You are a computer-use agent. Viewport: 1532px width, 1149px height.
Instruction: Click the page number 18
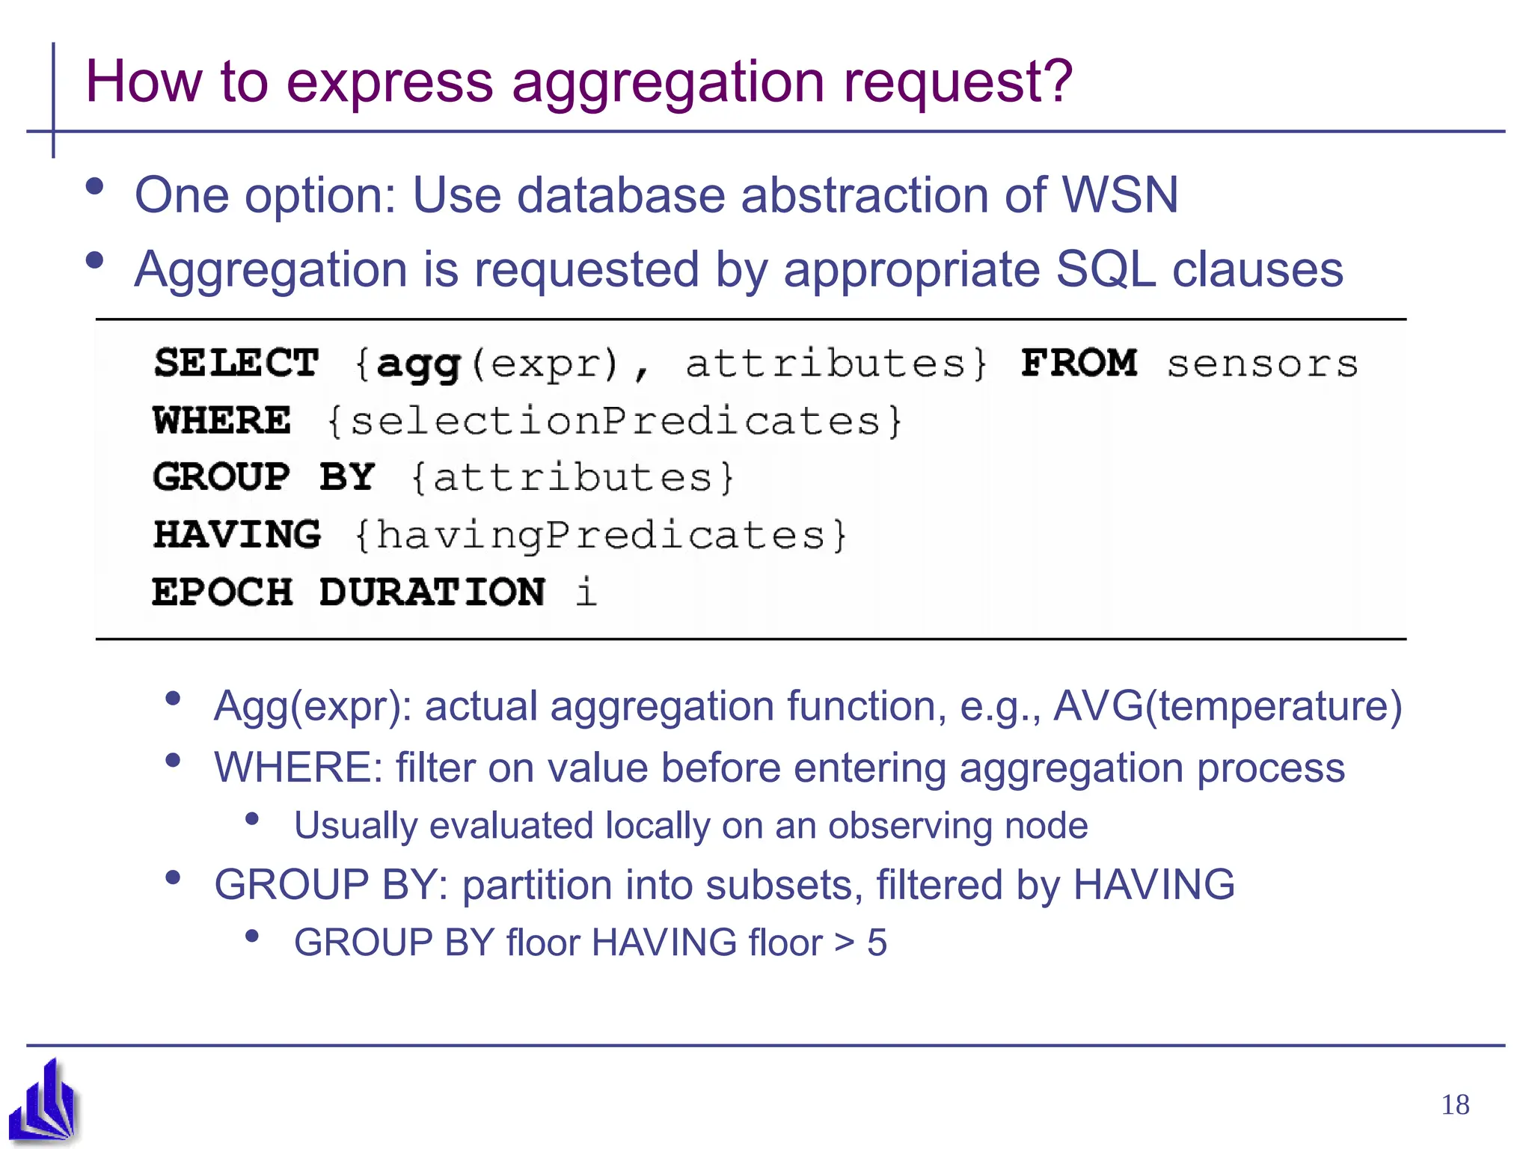pyautogui.click(x=1455, y=1105)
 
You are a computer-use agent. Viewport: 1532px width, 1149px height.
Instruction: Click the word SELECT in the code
pyautogui.click(x=236, y=364)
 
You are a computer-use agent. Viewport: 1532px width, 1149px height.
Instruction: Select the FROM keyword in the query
pyautogui.click(x=1079, y=364)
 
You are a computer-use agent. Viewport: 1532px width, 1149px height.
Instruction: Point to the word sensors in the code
pyautogui.click(x=1262, y=365)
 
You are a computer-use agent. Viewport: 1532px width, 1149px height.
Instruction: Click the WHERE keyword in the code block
pyautogui.click(x=222, y=420)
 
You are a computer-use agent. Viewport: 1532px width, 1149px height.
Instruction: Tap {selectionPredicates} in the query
pyautogui.click(x=615, y=421)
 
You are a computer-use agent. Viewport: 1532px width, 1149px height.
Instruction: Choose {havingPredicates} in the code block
pyautogui.click(x=601, y=536)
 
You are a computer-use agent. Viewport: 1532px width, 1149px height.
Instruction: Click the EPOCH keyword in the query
pyautogui.click(x=222, y=592)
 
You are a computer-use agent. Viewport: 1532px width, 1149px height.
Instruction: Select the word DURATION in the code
pyautogui.click(x=432, y=592)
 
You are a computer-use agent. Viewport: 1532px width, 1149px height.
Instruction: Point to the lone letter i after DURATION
pyautogui.click(x=586, y=592)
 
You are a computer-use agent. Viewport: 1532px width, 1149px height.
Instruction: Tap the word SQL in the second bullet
pyautogui.click(x=1105, y=269)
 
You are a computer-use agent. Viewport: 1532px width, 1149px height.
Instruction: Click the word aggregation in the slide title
pyautogui.click(x=668, y=82)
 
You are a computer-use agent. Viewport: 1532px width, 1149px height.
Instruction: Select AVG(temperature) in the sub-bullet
pyautogui.click(x=1228, y=706)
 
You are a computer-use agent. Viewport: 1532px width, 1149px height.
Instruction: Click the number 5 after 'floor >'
pyautogui.click(x=877, y=943)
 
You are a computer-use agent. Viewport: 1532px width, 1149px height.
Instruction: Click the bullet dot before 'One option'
pyautogui.click(x=94, y=187)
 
